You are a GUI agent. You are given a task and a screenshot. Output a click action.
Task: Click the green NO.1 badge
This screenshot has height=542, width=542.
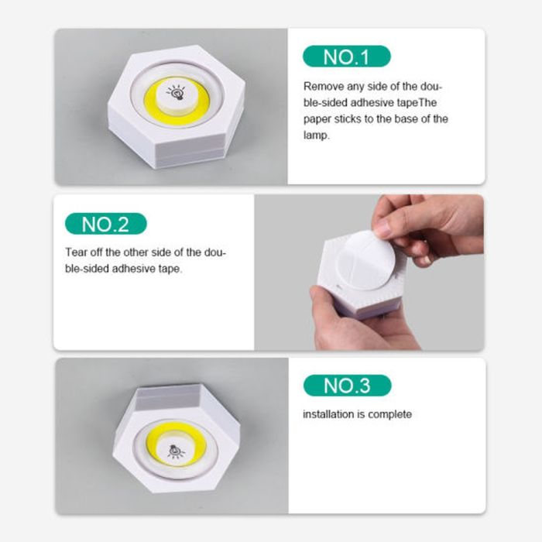[x=346, y=57]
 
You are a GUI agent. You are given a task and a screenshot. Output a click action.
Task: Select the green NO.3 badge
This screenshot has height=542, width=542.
[x=347, y=386]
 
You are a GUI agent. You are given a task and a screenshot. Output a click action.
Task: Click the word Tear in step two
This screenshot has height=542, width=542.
[x=77, y=253]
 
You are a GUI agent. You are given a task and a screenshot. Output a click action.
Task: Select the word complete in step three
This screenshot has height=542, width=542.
[x=389, y=414]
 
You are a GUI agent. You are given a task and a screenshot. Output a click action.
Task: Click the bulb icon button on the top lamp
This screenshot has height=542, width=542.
[x=177, y=93]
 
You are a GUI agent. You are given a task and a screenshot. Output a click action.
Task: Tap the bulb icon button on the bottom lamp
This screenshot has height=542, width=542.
[x=177, y=451]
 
